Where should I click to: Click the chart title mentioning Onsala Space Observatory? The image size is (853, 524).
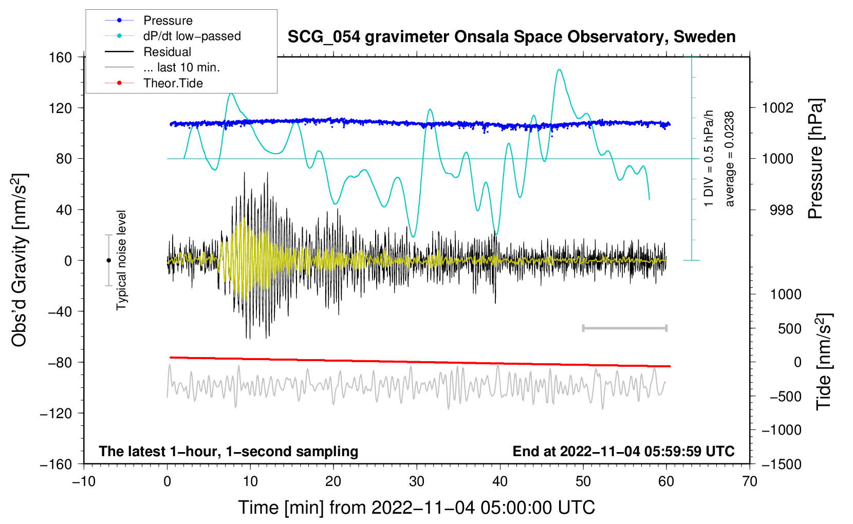point(511,37)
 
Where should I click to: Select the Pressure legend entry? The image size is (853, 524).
point(168,21)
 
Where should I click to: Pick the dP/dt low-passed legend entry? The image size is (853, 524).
point(192,36)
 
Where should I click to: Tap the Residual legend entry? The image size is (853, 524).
point(167,52)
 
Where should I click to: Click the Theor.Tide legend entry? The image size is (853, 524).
point(173,83)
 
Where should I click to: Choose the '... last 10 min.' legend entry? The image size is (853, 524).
point(181,67)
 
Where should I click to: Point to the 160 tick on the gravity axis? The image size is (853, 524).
point(61,57)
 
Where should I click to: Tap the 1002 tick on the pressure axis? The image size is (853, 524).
point(777,108)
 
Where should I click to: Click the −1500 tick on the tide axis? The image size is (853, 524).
point(782,464)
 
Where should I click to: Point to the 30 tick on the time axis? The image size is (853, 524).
point(417,482)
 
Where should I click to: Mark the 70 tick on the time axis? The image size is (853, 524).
point(750,482)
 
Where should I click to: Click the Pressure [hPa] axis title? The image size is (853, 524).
point(816,159)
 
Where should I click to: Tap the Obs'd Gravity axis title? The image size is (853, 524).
point(20,260)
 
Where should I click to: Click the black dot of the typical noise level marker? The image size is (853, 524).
point(108,260)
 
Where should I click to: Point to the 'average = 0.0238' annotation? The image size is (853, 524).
point(729,159)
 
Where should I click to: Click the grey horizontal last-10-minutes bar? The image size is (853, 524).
point(624,328)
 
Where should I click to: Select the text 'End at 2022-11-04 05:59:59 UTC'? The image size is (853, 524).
point(623,452)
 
